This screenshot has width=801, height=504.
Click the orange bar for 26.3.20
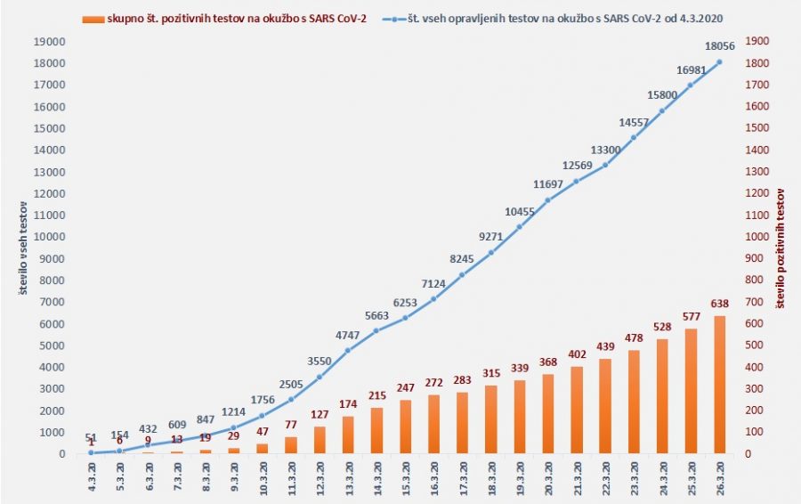coord(718,385)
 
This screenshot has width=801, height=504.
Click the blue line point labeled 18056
coord(718,61)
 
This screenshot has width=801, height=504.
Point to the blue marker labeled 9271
coord(490,252)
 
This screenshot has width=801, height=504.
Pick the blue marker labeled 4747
coord(348,350)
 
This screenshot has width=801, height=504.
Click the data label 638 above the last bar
coord(718,304)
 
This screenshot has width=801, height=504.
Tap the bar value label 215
coord(376,395)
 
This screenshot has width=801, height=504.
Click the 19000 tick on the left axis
coord(50,41)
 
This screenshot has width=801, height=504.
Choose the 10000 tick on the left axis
coord(50,237)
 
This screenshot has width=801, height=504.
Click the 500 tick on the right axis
coord(754,345)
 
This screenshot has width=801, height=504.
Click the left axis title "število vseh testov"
coord(24,248)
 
